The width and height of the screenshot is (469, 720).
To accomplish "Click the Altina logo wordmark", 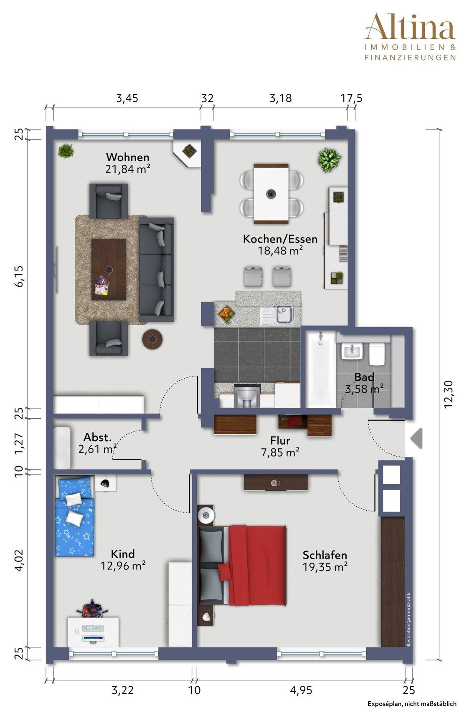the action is pos(410,28).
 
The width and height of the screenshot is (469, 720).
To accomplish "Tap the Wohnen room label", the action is pos(127,157).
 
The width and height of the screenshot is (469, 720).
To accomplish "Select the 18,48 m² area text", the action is pos(280,250).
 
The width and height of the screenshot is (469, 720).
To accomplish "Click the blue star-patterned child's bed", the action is pos(74,516).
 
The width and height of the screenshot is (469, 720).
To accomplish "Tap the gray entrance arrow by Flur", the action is pos(416,438).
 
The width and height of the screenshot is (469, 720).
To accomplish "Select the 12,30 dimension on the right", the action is pos(448,394).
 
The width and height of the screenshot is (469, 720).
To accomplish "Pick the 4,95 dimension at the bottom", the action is pos(301,690).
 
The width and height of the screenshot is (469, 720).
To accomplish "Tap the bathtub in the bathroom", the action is pos(321,369).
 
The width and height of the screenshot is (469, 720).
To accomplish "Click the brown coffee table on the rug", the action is pos(109,270).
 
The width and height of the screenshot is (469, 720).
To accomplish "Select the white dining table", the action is pos(271,193).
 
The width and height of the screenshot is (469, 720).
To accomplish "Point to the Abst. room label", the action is pos(98,437).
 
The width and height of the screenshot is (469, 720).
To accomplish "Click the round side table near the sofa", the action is pos(152,339).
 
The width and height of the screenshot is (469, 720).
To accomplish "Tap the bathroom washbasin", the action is pos(352,351).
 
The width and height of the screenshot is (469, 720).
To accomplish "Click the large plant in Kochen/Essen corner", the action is pos(330,160).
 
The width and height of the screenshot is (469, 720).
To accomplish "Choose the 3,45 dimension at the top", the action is pos(127,99).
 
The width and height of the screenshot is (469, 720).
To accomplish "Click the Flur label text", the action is pos(280,440).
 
